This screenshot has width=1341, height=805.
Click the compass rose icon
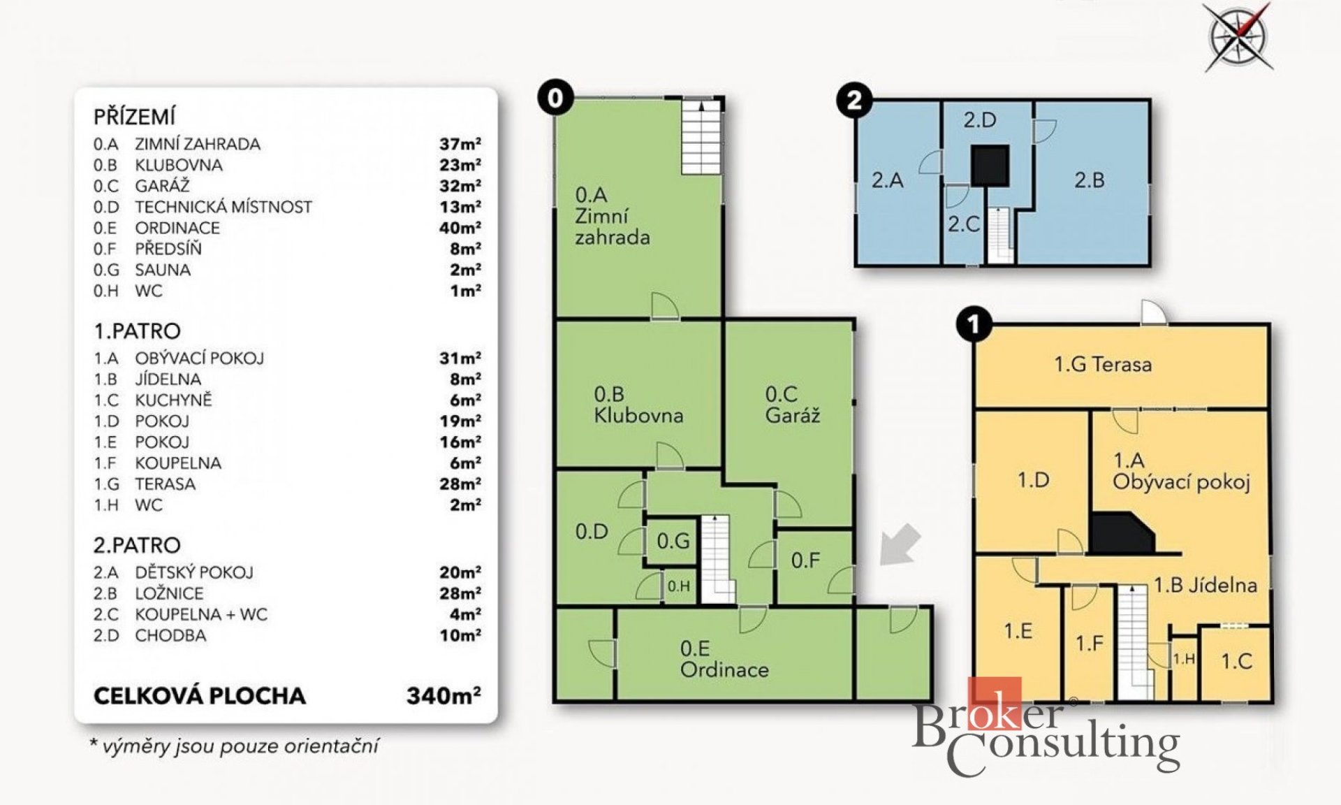tap(1239, 36)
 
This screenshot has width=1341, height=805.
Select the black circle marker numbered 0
tap(555, 98)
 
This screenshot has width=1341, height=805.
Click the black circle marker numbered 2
tap(854, 101)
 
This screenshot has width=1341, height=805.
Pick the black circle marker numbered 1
tap(974, 324)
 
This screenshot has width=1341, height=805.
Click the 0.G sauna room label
tap(673, 541)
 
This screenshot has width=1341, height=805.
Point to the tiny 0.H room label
tap(678, 586)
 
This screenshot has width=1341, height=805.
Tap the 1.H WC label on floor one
tap(1184, 659)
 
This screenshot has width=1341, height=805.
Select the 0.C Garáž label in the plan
tap(792, 405)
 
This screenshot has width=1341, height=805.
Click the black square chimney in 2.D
tap(990, 165)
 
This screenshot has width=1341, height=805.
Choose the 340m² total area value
tap(444, 695)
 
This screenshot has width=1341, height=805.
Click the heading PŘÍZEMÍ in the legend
tap(135, 117)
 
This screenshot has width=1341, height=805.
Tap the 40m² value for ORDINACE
tap(460, 228)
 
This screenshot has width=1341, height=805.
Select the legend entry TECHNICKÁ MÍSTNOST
tap(223, 207)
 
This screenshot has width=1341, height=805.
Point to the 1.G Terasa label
tap(1103, 364)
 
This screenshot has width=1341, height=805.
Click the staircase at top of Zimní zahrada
tap(701, 138)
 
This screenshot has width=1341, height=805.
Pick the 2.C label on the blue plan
tap(964, 224)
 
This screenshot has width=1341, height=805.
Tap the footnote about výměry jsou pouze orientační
tap(234, 746)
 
